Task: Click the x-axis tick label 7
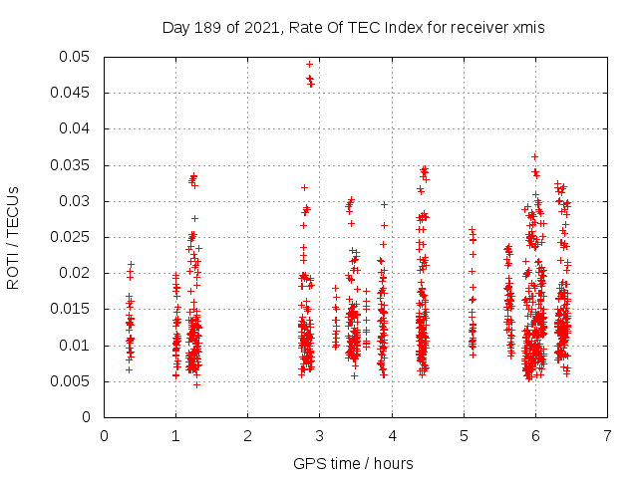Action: (x=607, y=435)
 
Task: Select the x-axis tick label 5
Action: (x=464, y=435)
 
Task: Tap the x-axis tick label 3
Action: (x=320, y=435)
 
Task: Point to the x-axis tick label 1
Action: (x=175, y=435)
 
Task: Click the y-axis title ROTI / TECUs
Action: (x=14, y=237)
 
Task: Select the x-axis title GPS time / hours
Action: (x=355, y=463)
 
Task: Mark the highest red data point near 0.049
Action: (x=309, y=64)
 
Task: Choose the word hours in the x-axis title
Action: (x=396, y=463)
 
